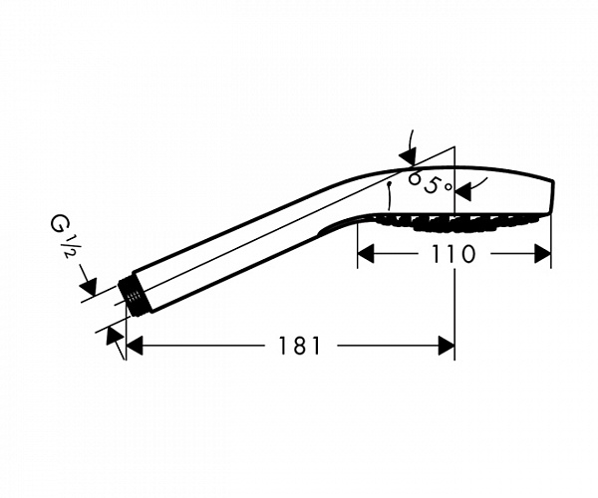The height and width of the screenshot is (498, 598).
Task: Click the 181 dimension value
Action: pyautogui.click(x=300, y=346)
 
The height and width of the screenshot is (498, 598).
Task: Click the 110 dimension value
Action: pyautogui.click(x=453, y=254)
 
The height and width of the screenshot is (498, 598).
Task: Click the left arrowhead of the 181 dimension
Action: pyautogui.click(x=134, y=346)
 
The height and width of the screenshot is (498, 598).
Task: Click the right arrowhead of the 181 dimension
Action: pyautogui.click(x=447, y=346)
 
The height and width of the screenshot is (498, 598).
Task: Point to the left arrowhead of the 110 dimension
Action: pyautogui.click(x=366, y=254)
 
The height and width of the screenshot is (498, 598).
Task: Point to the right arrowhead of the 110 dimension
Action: pyautogui.click(x=542, y=254)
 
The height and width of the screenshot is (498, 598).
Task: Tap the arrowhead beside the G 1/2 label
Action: pyautogui.click(x=89, y=286)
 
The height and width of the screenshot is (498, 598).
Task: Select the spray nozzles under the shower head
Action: pyautogui.click(x=453, y=222)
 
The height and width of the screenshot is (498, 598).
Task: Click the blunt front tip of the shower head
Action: pyautogui.click(x=552, y=196)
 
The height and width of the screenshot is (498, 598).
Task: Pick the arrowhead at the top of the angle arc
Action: pyautogui.click(x=408, y=157)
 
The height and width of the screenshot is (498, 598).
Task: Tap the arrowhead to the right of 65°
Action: pyautogui.click(x=463, y=191)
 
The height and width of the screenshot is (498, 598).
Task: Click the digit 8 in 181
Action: pyautogui.click(x=300, y=346)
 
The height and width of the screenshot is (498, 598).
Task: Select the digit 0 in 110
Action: pyautogui.click(x=466, y=254)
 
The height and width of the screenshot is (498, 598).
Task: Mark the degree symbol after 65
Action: pyautogui.click(x=448, y=186)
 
